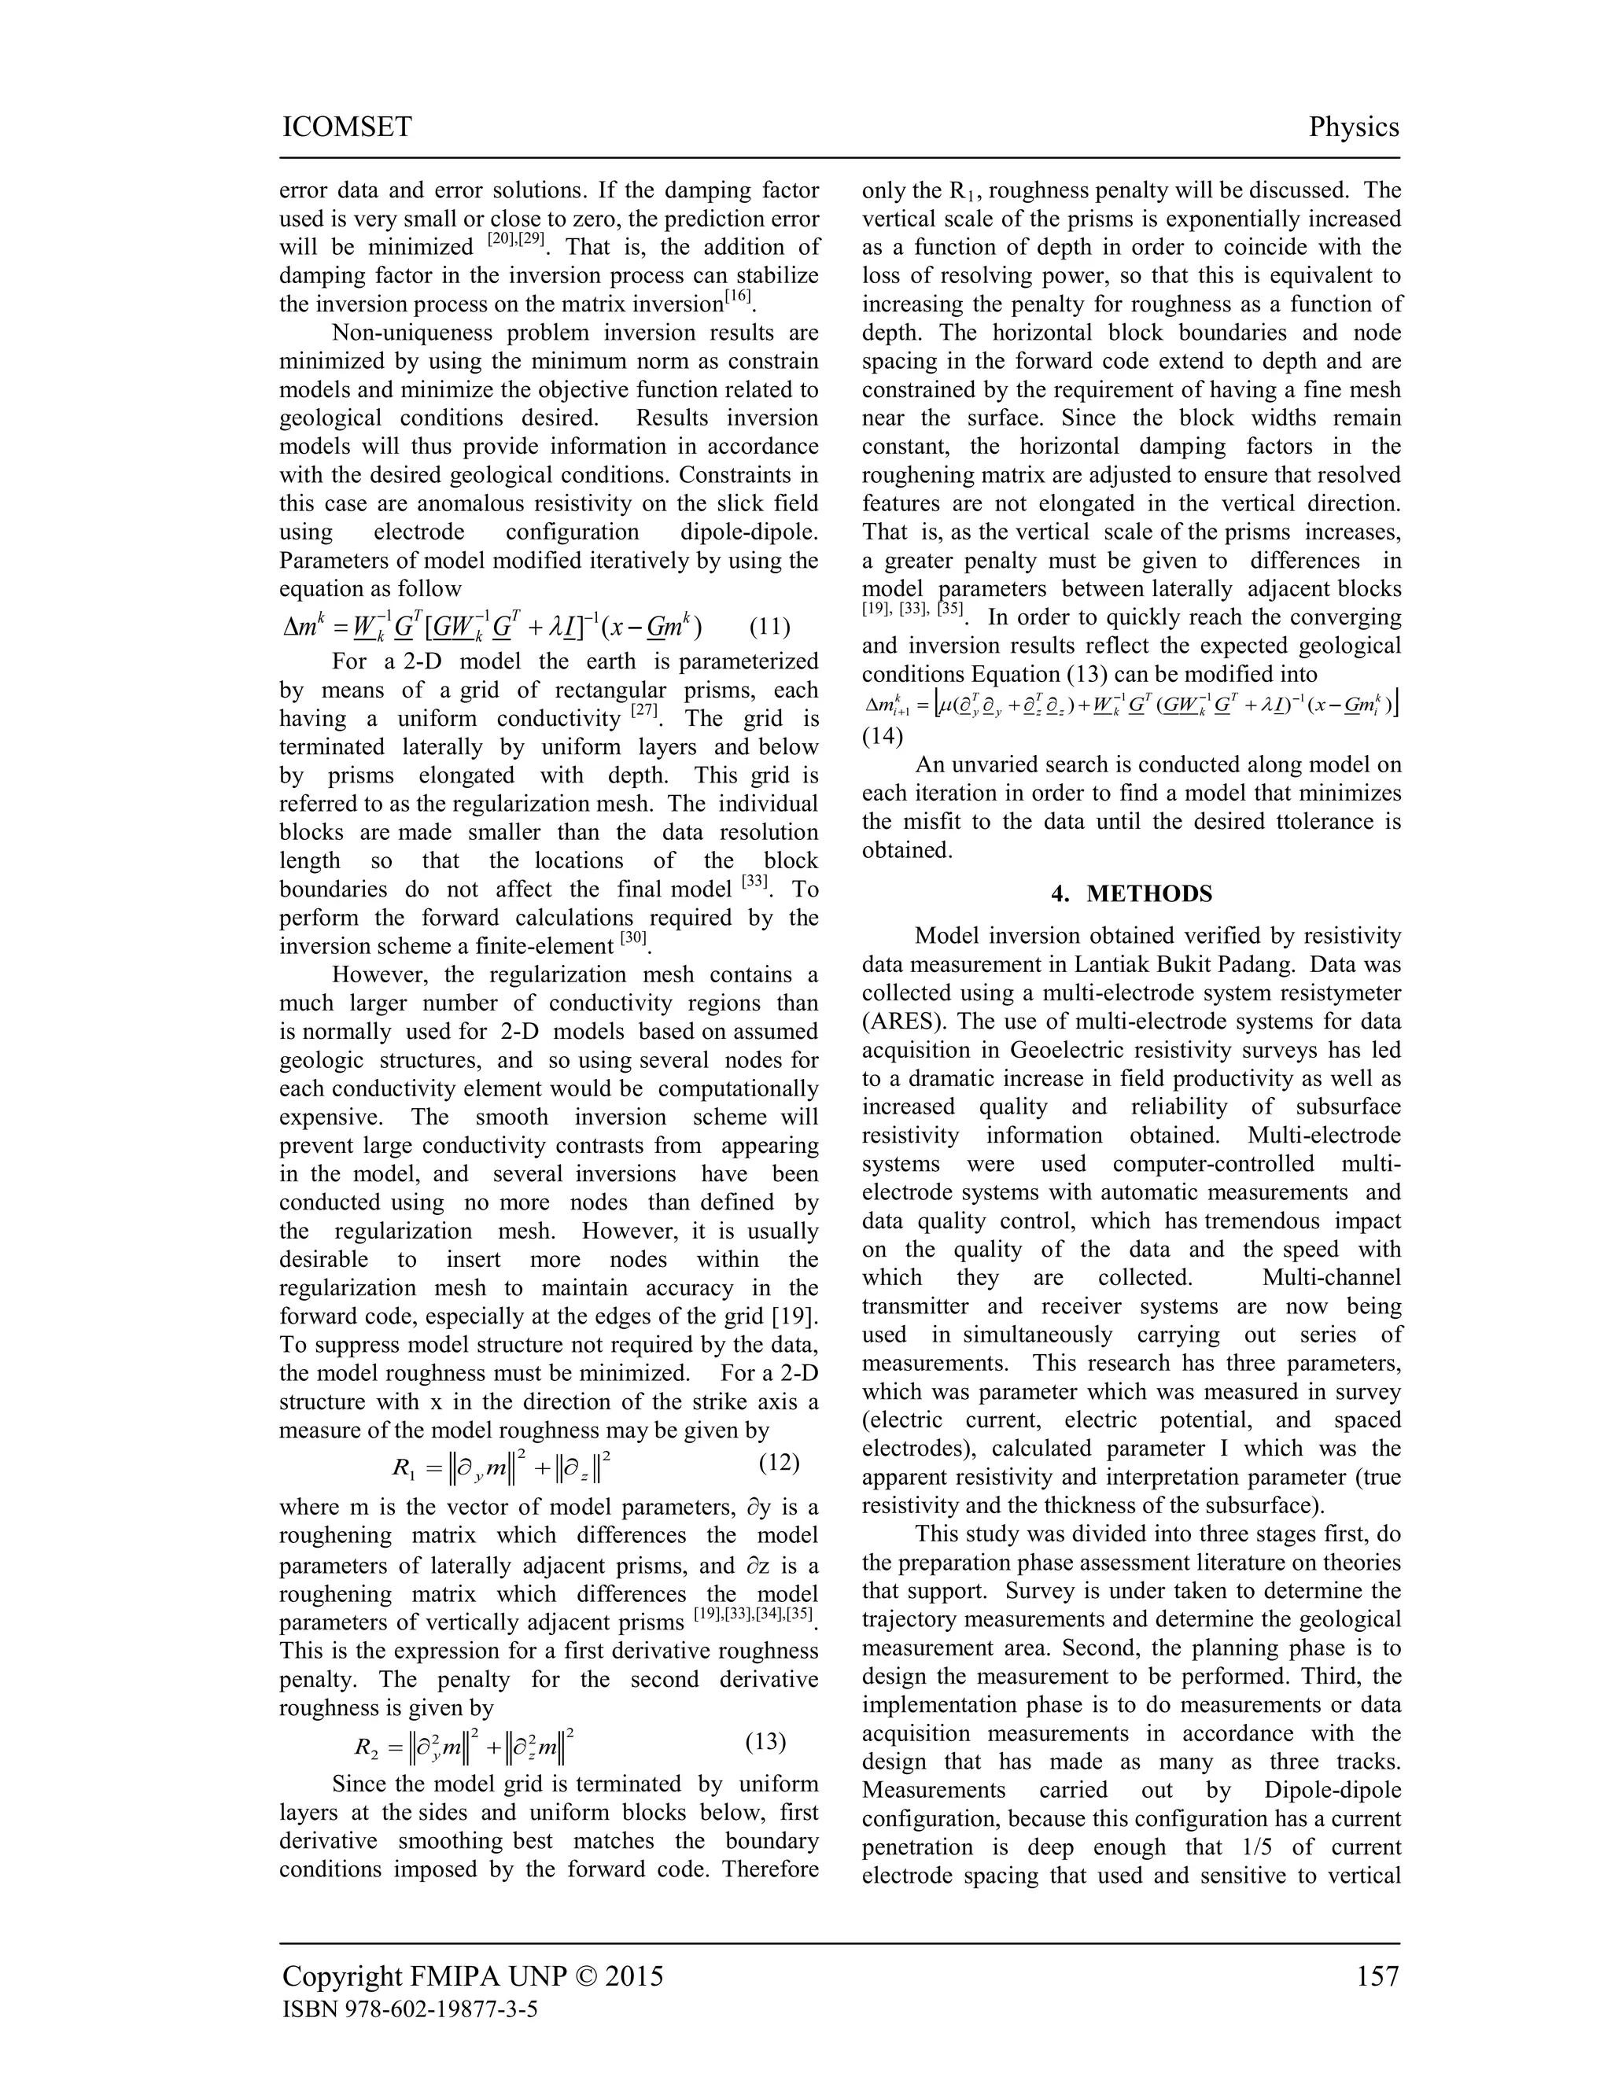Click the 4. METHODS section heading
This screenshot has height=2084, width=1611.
click(x=1131, y=893)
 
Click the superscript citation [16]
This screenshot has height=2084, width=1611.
click(x=738, y=296)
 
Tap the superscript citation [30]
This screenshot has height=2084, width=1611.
click(x=634, y=938)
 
